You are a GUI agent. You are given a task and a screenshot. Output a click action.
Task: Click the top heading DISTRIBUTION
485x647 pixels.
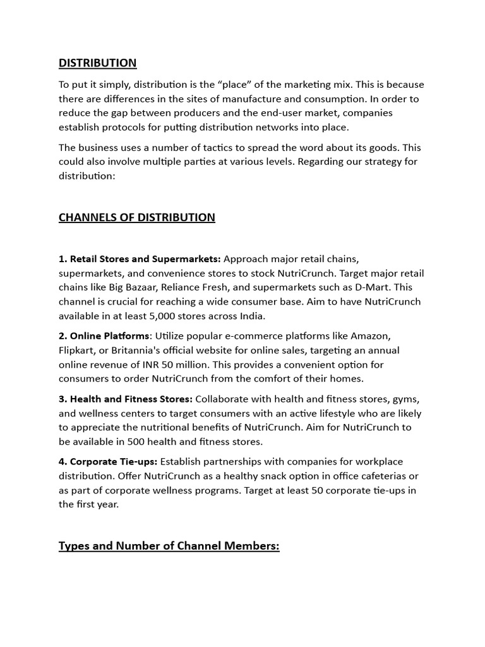coord(97,63)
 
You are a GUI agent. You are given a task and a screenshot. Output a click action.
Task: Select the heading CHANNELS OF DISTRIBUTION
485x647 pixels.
coord(136,217)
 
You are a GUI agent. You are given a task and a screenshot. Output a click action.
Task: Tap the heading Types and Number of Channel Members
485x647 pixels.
coord(169,546)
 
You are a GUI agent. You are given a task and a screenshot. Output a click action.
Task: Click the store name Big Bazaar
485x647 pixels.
coord(129,287)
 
